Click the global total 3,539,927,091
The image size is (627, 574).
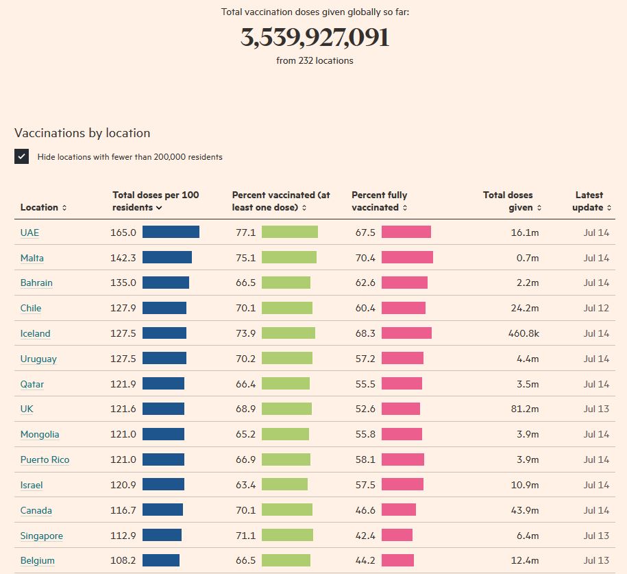coord(315,38)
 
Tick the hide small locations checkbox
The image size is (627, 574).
coord(21,156)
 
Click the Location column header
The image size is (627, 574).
coord(43,207)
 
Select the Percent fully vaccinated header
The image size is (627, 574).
coord(380,201)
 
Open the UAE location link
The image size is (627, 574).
coord(29,232)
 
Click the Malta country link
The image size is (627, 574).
coord(32,258)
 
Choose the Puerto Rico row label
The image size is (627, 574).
coord(45,459)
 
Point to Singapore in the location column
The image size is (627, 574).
coord(41,536)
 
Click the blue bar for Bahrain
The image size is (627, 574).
coord(165,283)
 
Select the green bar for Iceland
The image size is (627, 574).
coord(288,333)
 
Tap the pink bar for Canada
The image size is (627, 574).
coord(399,510)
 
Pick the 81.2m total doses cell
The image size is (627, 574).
coord(525,409)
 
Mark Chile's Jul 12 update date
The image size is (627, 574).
coord(596,308)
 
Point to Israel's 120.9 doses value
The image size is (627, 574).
coord(123,485)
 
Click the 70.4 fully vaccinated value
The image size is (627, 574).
coord(365,258)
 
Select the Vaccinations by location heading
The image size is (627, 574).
coord(82,133)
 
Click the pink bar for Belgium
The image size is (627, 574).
coord(397,560)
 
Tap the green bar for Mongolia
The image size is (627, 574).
coord(285,434)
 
